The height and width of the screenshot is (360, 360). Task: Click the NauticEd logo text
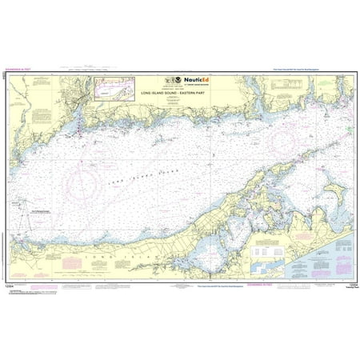(x=198, y=81)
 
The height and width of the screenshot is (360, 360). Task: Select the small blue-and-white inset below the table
(x=272, y=262)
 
